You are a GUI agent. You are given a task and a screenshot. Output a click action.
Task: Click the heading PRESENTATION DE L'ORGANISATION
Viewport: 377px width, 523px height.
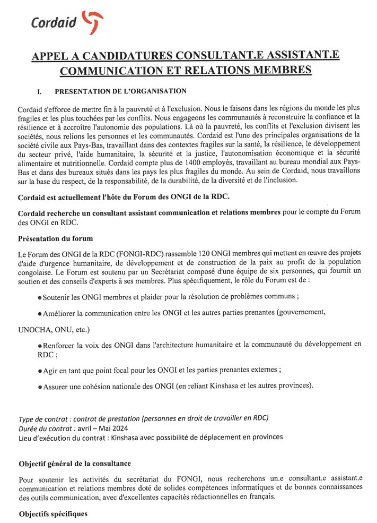pos(120,91)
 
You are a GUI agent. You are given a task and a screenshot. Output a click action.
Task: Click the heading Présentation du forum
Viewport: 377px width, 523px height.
pos(55,238)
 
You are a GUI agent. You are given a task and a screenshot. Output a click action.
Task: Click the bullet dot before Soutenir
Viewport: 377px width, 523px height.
pos(40,297)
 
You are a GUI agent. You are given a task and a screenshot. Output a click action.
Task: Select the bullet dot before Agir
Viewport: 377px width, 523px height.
pos(40,371)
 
